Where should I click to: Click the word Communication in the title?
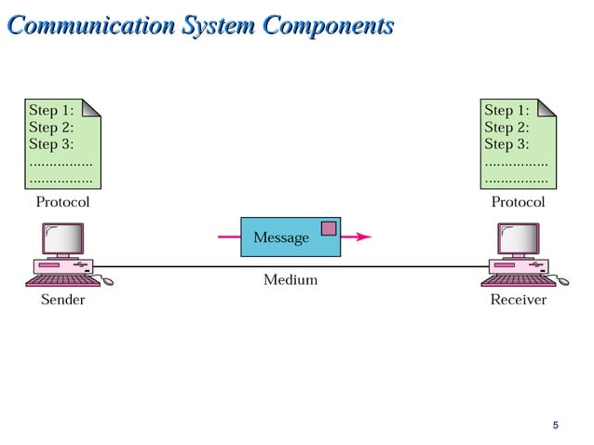tap(88, 25)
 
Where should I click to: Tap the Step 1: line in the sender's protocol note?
tap(51, 111)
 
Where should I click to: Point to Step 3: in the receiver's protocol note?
tap(506, 144)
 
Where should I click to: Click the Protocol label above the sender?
tap(62, 202)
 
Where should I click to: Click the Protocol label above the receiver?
tap(518, 202)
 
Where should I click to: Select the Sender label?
tap(62, 300)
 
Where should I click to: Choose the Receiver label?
tap(518, 300)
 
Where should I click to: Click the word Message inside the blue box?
tap(280, 238)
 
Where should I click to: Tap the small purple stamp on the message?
tap(328, 228)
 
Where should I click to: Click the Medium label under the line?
tap(290, 279)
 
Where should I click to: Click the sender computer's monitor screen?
tap(63, 240)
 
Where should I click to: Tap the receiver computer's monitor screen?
tap(519, 240)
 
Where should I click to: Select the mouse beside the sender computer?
tap(107, 280)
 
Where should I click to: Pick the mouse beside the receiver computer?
tap(562, 280)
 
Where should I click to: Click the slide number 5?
tap(556, 426)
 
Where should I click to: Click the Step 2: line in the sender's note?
tap(51, 128)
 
